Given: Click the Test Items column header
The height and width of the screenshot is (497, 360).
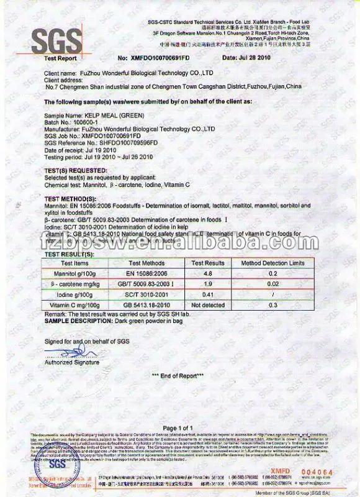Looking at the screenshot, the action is pyautogui.click(x=73, y=263).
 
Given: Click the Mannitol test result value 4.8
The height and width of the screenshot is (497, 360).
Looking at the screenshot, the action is pyautogui.click(x=209, y=272).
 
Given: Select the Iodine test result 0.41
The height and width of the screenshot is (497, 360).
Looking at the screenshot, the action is pyautogui.click(x=209, y=293).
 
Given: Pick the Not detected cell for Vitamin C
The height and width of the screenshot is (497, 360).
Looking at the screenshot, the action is pyautogui.click(x=208, y=304).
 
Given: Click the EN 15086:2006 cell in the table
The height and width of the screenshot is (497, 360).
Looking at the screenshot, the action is pyautogui.click(x=146, y=272).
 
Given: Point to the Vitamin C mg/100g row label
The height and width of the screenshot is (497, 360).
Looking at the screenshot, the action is pyautogui.click(x=73, y=304).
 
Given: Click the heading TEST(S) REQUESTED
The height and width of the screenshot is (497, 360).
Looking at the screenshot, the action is pyautogui.click(x=71, y=170).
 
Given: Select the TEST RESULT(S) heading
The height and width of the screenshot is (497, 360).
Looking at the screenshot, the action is pyautogui.click(x=68, y=255).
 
